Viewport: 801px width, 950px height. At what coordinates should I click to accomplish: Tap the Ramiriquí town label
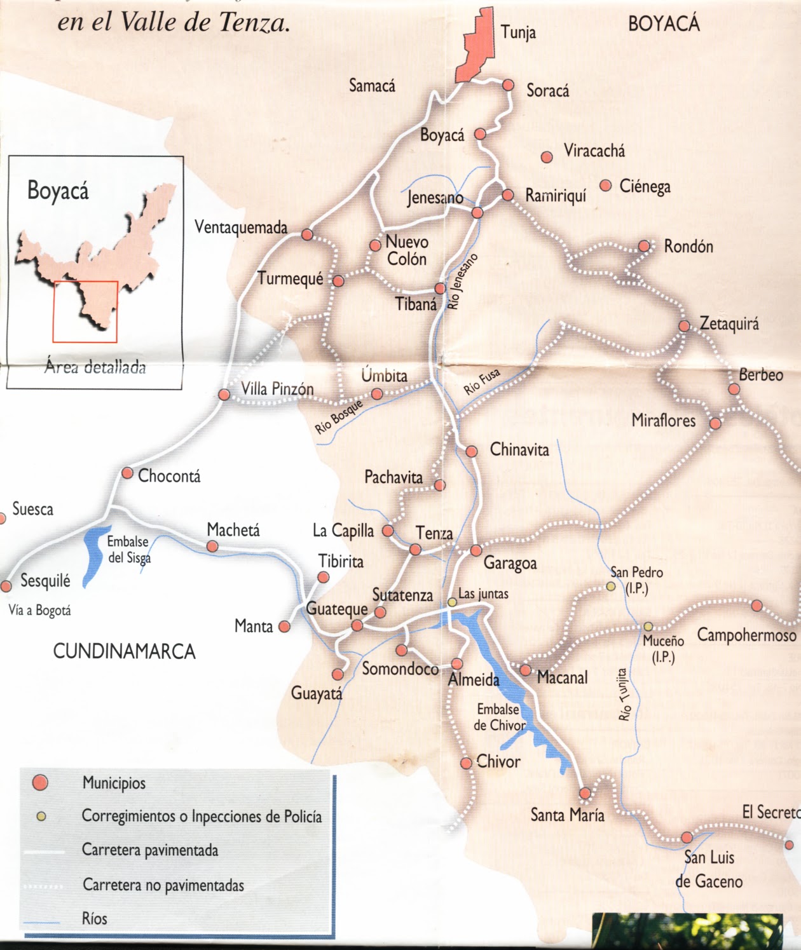click(x=555, y=196)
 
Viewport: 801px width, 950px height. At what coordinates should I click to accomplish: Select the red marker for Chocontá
click(x=127, y=473)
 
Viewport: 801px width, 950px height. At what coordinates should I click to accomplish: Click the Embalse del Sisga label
click(x=128, y=550)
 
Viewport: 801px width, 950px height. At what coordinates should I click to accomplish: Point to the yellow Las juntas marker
click(x=451, y=601)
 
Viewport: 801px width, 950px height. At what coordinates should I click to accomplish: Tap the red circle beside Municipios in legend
click(x=41, y=783)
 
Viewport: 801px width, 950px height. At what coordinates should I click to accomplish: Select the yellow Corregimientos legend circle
click(x=41, y=817)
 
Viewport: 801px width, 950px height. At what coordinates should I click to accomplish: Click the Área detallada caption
click(x=95, y=367)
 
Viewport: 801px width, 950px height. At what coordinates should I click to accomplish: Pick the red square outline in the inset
click(x=85, y=311)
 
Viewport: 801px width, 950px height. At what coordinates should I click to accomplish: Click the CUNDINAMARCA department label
click(x=124, y=651)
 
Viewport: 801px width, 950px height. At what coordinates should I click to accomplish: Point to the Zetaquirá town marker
click(x=684, y=326)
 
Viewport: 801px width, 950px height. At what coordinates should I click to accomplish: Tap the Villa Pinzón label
click(x=277, y=389)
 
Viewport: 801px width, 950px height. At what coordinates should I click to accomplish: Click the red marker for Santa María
click(x=585, y=793)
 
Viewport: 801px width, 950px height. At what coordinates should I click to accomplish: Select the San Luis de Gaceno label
click(x=708, y=869)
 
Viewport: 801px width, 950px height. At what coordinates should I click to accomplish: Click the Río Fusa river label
click(x=482, y=382)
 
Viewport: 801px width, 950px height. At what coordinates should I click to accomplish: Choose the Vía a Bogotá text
click(x=39, y=611)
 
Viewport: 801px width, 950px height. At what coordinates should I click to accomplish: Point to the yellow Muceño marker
click(x=648, y=627)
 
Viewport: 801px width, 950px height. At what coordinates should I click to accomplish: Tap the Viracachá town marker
click(x=547, y=156)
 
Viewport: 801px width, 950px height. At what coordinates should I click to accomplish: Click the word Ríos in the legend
click(x=95, y=918)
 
